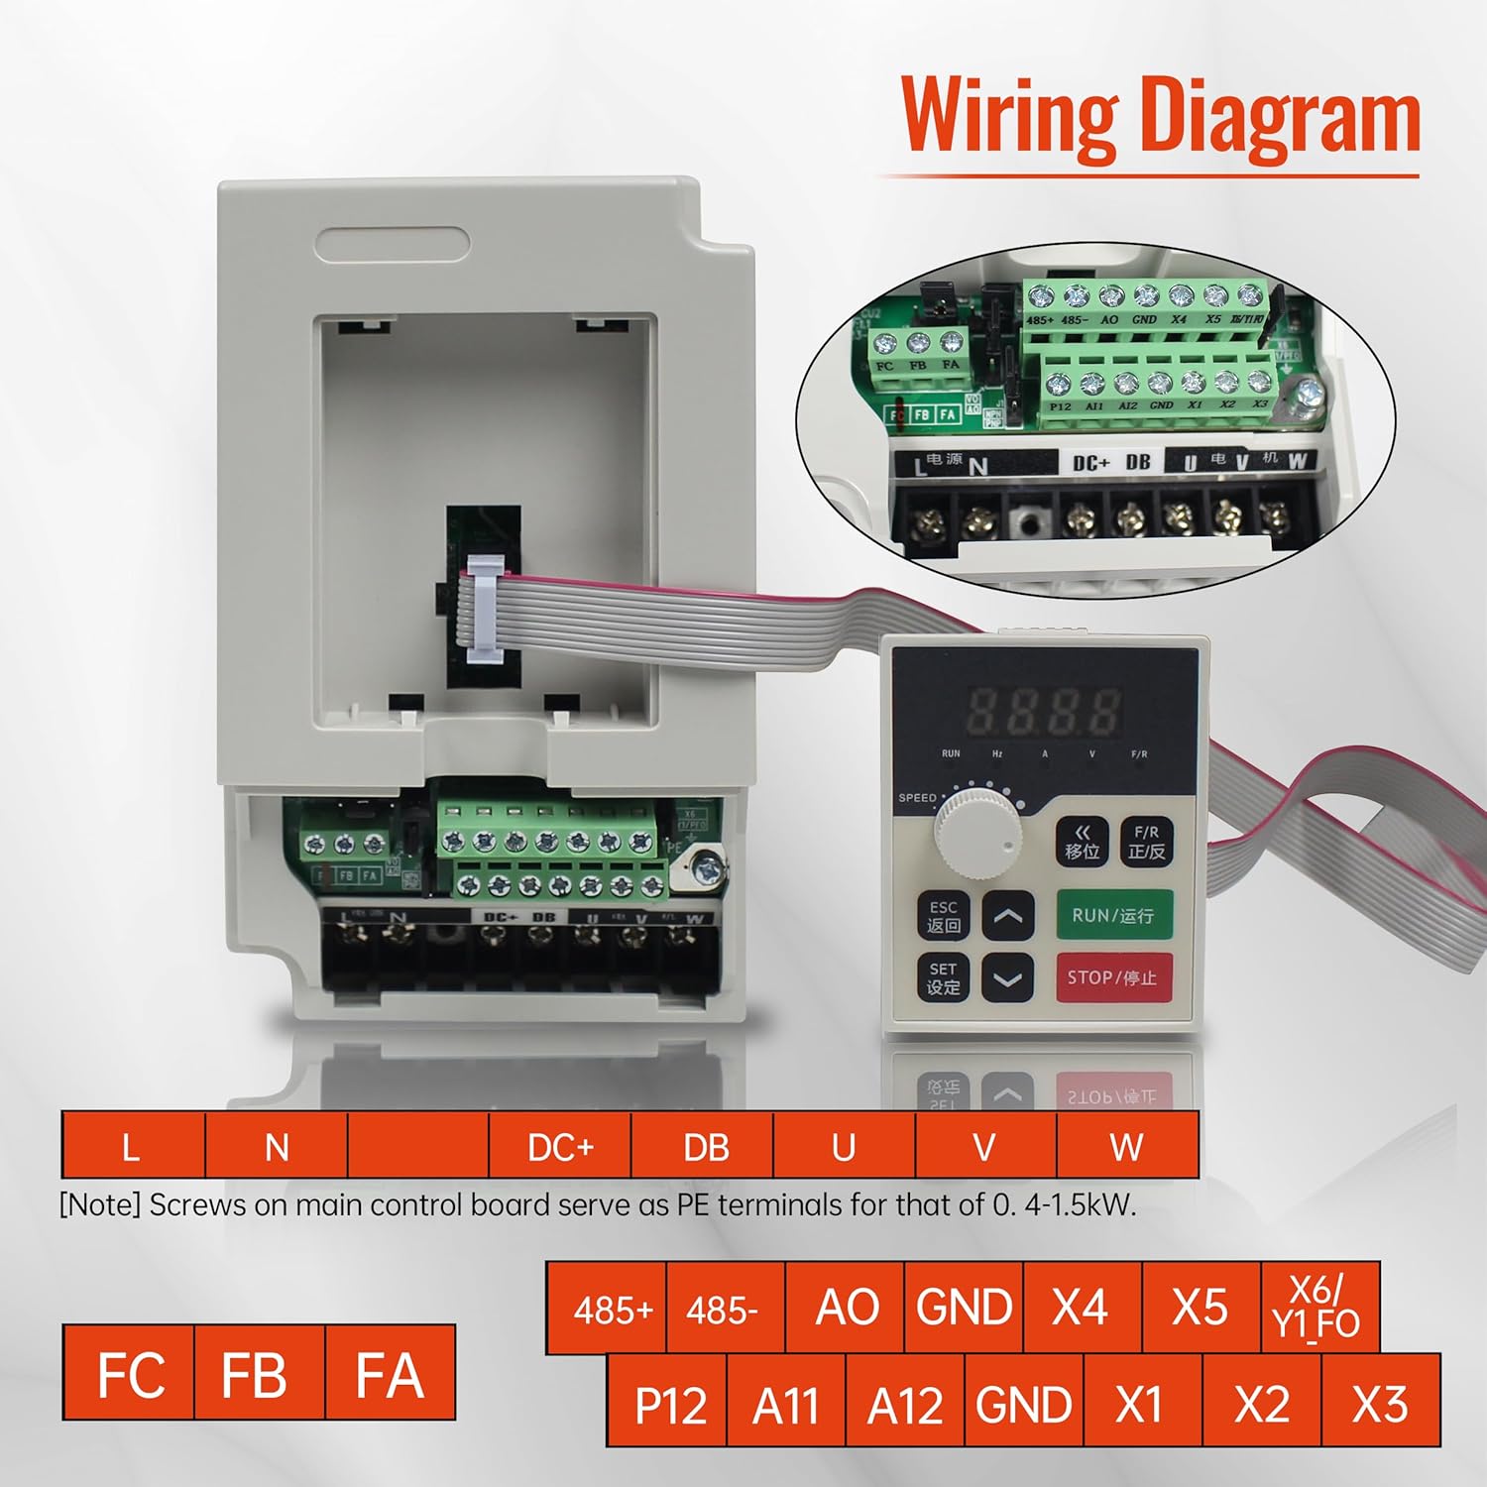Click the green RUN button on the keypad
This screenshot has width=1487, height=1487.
(1112, 915)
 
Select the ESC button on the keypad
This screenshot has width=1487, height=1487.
(943, 916)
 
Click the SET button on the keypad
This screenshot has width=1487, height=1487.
(943, 977)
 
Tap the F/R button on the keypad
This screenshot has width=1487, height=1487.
(1146, 842)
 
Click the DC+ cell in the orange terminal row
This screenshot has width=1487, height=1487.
(560, 1147)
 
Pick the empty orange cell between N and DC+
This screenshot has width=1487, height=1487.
(418, 1147)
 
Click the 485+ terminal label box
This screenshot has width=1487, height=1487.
(612, 1310)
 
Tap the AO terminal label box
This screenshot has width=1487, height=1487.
(846, 1308)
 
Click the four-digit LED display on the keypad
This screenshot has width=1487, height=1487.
(1044, 710)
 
